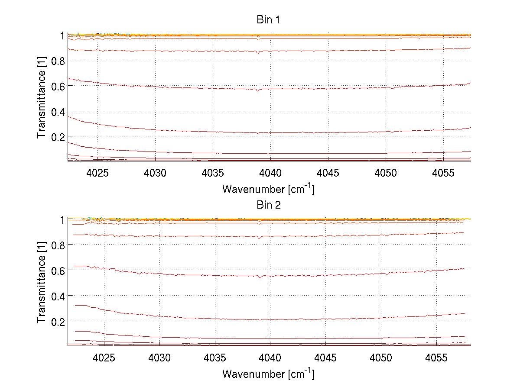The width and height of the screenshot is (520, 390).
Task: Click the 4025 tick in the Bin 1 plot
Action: coord(97,173)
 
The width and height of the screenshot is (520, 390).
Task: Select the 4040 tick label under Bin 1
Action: coord(270,173)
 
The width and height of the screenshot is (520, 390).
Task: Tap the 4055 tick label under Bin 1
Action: coord(443,173)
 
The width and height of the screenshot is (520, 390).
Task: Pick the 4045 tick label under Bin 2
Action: coord(325,358)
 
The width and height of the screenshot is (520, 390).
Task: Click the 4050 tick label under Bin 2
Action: coord(381,358)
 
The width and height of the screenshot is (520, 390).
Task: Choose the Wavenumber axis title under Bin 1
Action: coord(268,189)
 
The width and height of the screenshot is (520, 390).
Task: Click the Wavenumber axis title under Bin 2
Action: coord(268,373)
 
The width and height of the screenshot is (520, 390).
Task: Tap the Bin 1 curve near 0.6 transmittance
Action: coord(217,88)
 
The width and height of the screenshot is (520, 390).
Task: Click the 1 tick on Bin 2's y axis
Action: coord(62,220)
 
